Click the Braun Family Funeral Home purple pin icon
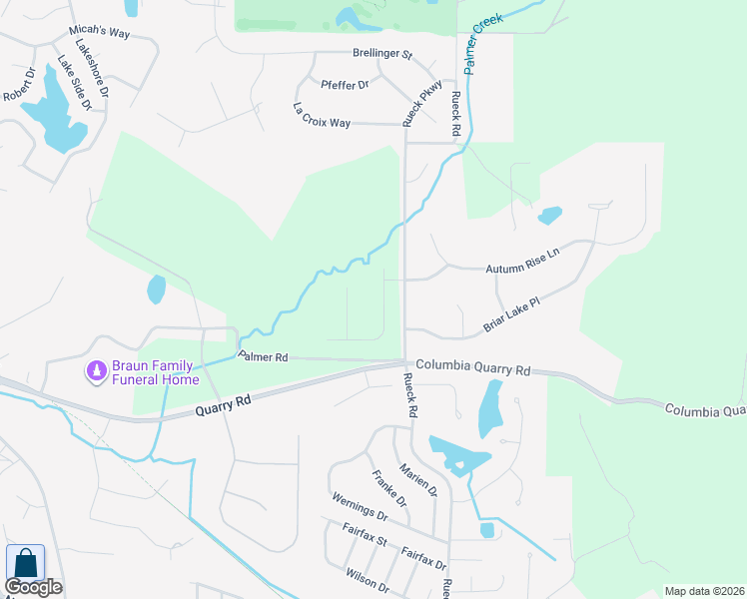[96, 371]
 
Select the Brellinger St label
[382, 54]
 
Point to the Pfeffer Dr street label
[345, 85]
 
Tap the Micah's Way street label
[101, 33]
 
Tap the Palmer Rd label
[263, 355]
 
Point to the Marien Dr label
[418, 478]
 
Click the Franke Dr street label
[388, 488]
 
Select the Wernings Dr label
[360, 508]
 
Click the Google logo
[33, 587]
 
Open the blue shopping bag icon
[25, 563]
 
